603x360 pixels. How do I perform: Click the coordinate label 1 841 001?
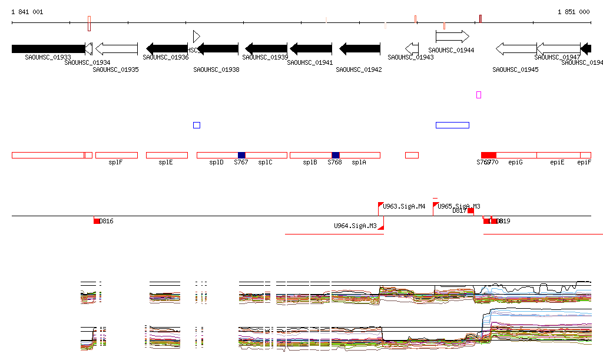(x=27, y=12)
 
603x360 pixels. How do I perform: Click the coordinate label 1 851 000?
(x=573, y=12)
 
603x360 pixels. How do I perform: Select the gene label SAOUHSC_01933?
(x=48, y=57)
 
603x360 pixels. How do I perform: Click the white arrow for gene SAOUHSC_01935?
(x=116, y=48)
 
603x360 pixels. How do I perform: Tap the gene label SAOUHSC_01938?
(x=216, y=70)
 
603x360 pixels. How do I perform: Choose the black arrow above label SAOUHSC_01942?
(x=360, y=48)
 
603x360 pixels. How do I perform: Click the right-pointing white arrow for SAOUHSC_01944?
(x=452, y=37)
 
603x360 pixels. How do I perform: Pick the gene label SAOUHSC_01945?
(x=515, y=70)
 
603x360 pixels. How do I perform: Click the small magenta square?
(x=479, y=95)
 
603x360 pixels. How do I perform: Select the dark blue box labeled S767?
(x=241, y=155)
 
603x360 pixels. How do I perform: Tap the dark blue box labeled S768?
(x=335, y=155)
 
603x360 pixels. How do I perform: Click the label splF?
(x=115, y=162)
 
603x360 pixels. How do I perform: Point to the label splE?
(x=165, y=162)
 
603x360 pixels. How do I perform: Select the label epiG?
(x=516, y=162)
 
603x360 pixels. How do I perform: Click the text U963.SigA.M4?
(x=404, y=206)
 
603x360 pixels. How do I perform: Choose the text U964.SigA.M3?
(x=355, y=226)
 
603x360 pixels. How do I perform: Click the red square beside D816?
(x=97, y=221)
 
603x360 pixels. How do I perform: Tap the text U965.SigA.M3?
(x=459, y=206)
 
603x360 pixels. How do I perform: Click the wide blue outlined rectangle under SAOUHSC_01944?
(x=452, y=125)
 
